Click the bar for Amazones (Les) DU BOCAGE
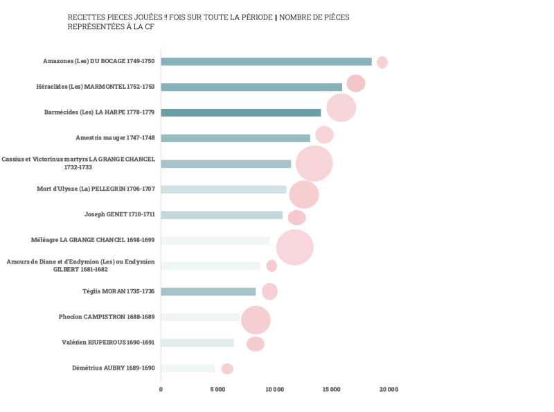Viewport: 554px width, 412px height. tap(266, 62)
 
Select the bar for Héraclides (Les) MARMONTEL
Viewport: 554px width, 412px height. tap(251, 87)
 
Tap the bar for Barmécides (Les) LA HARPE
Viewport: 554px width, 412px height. tap(241, 112)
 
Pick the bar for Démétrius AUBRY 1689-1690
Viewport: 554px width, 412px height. tap(188, 368)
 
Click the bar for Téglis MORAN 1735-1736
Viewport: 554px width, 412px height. tap(208, 291)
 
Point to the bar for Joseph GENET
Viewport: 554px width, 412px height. tap(222, 215)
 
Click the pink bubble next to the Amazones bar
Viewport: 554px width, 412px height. tap(382, 62)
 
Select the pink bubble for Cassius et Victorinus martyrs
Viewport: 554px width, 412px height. tap(314, 164)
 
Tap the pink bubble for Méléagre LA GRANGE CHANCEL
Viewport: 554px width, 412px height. tap(294, 247)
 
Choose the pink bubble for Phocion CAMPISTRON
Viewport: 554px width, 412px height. tap(256, 320)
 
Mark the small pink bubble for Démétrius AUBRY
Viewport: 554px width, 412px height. tap(227, 368)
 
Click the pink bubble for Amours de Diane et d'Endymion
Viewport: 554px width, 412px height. tap(271, 266)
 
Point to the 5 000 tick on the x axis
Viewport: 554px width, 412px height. tap(217, 390)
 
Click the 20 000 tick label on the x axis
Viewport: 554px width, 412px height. tap(388, 390)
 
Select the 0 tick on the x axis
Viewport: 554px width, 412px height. tap(161, 390)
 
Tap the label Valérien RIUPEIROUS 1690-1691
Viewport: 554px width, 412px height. tap(109, 343)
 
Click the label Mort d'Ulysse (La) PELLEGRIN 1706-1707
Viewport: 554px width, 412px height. tap(96, 189)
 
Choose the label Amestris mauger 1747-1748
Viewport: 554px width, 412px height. tap(115, 138)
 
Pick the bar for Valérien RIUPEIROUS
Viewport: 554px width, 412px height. tap(197, 343)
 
